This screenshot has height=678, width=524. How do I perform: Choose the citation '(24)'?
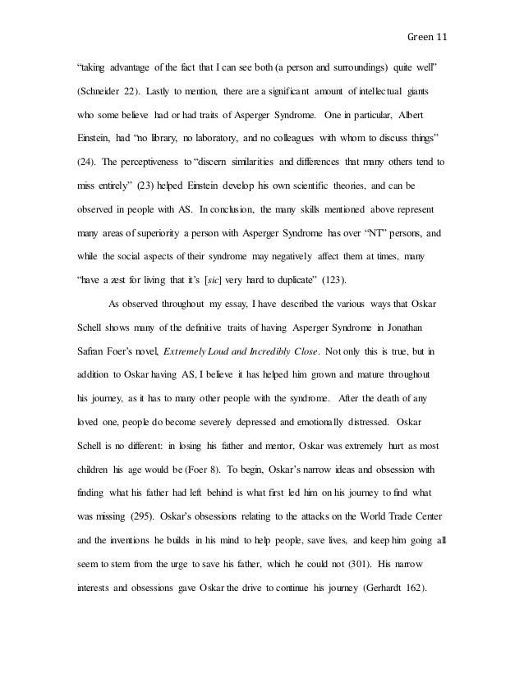click(85, 162)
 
